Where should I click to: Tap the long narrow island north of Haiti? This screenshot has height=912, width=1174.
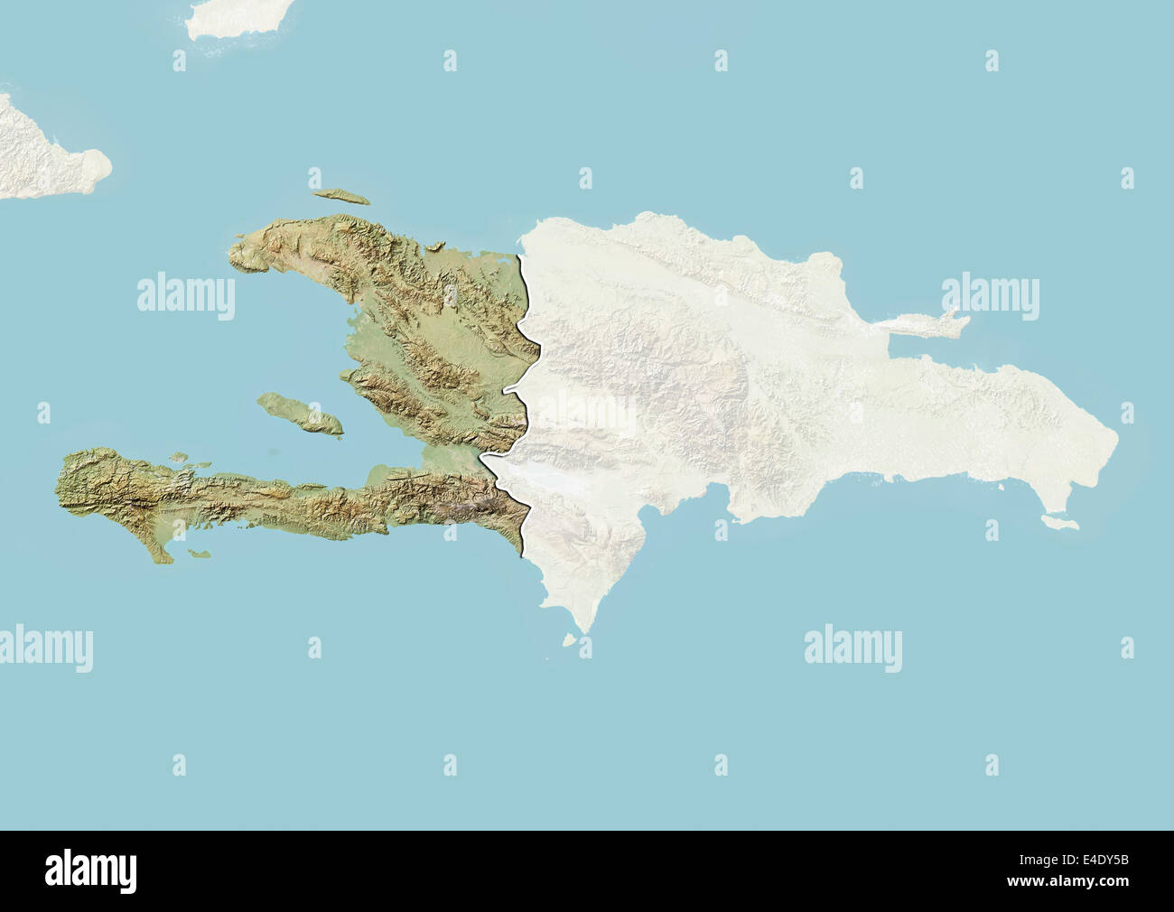339,196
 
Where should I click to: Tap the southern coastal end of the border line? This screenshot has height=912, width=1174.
525,553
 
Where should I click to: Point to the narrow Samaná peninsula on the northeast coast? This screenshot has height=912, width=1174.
930,323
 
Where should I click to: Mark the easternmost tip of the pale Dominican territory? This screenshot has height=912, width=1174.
1118,442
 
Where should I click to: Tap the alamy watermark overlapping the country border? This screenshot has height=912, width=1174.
587,413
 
